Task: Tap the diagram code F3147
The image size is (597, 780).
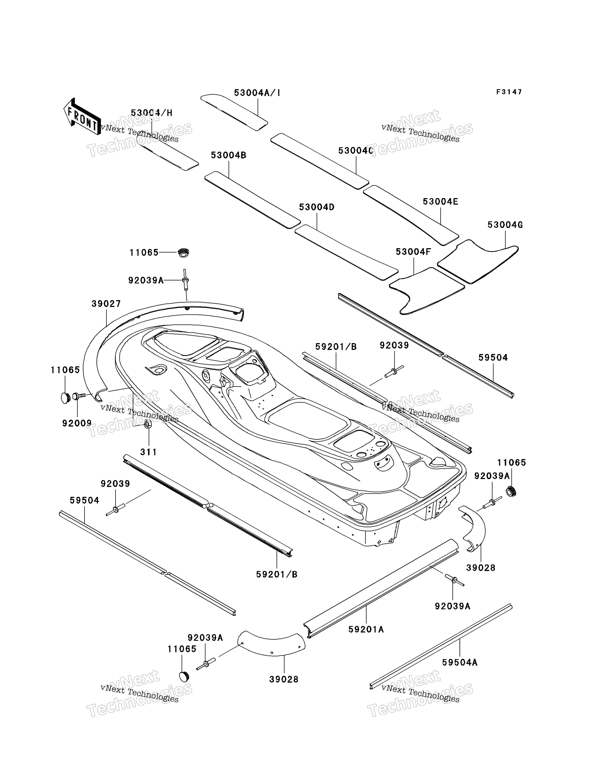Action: pos(509,92)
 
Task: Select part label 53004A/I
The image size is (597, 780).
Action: pos(257,93)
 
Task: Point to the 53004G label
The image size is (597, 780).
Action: pos(505,225)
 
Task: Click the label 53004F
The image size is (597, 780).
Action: pos(413,252)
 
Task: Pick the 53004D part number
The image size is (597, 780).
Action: pos(317,207)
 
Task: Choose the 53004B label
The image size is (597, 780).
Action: pos(229,155)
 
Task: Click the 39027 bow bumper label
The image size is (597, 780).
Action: pos(106,304)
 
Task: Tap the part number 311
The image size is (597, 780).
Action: pos(148,452)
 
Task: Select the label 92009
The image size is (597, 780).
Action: pos(77,423)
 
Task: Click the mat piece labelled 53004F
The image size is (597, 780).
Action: pos(427,289)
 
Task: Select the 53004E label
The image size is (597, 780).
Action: pos(440,202)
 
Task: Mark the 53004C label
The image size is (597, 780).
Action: pos(355,150)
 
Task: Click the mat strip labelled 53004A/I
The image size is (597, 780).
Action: pos(234,112)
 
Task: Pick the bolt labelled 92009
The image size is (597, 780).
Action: pos(79,396)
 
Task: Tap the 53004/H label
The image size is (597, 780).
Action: pos(151,113)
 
